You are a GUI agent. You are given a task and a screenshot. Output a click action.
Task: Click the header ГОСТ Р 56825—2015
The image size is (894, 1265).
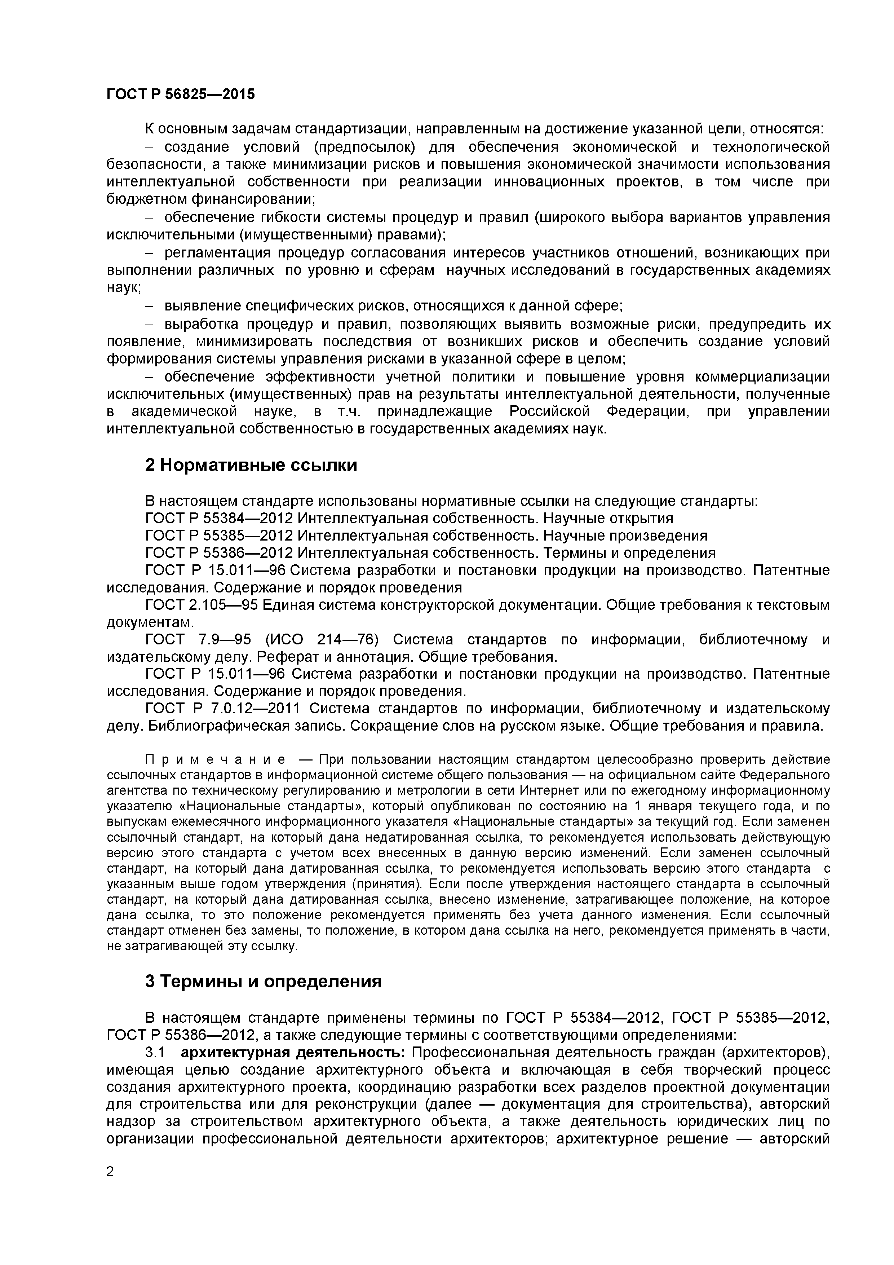click(x=181, y=94)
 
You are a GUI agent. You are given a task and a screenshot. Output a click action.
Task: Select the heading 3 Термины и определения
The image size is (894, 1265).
click(x=263, y=981)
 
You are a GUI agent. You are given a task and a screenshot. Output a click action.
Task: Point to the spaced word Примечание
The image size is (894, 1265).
click(x=215, y=760)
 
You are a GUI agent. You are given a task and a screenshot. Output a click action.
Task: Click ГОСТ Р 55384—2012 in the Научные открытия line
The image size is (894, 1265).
click(x=219, y=519)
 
